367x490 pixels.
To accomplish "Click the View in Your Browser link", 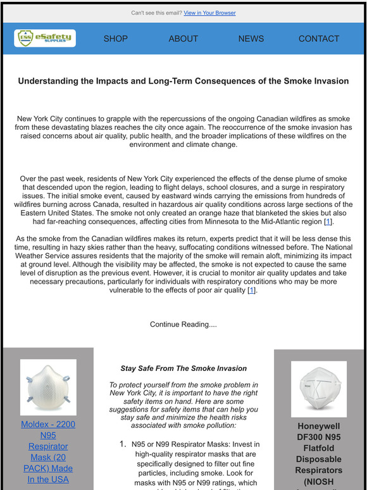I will tap(209, 13).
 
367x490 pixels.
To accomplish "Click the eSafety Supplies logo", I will tap(45, 39).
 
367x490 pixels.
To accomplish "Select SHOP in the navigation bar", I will tap(115, 39).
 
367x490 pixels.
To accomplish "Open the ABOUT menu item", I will tap(183, 39).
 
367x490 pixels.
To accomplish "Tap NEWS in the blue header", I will tap(251, 39).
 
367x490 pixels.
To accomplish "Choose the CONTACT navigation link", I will tap(318, 39).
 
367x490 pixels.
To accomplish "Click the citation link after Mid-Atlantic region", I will tap(327, 222).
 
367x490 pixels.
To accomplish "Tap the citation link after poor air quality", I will tap(251, 290).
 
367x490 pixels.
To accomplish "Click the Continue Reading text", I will tap(183, 324).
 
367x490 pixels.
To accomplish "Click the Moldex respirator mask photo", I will tap(48, 387).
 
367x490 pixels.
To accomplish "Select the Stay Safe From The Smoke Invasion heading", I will tap(183, 368).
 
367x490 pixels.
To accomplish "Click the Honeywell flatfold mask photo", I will tap(318, 389).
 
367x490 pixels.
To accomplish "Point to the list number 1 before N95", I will tap(123, 444).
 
